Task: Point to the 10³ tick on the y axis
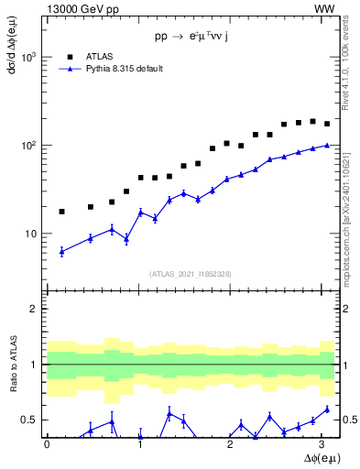tap(30, 57)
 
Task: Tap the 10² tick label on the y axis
tap(30, 145)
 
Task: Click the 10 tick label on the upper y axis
tap(32, 234)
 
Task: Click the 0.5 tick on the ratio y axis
tap(33, 420)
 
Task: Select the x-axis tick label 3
tap(326, 444)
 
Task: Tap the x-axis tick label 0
tap(47, 444)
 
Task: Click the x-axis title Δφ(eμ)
tap(316, 457)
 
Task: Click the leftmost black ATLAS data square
tap(61, 212)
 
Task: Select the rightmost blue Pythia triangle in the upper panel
tap(327, 145)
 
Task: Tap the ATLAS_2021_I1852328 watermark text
tap(191, 274)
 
